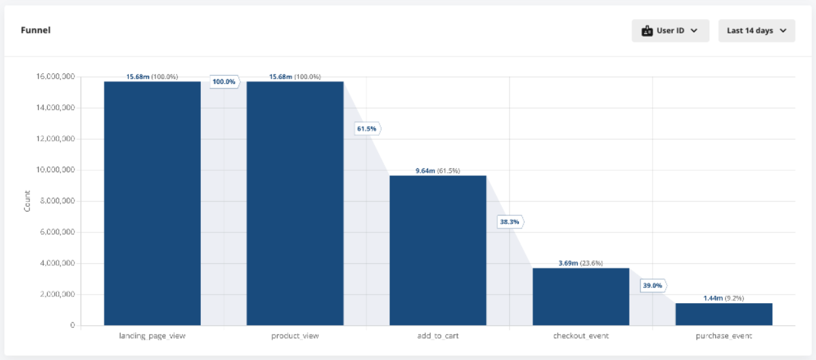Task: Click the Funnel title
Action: coord(35,30)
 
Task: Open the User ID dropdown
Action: coord(670,31)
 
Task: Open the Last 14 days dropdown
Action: coord(756,31)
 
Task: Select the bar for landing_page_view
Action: coord(152,203)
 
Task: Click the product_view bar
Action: coord(295,203)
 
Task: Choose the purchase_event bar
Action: coord(724,314)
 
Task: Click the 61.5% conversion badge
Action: coord(367,129)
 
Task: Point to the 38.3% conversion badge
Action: coord(510,222)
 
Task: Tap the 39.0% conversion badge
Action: coord(653,285)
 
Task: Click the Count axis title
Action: coord(27,201)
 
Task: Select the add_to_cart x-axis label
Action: coord(438,336)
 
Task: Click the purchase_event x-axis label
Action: coord(724,336)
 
